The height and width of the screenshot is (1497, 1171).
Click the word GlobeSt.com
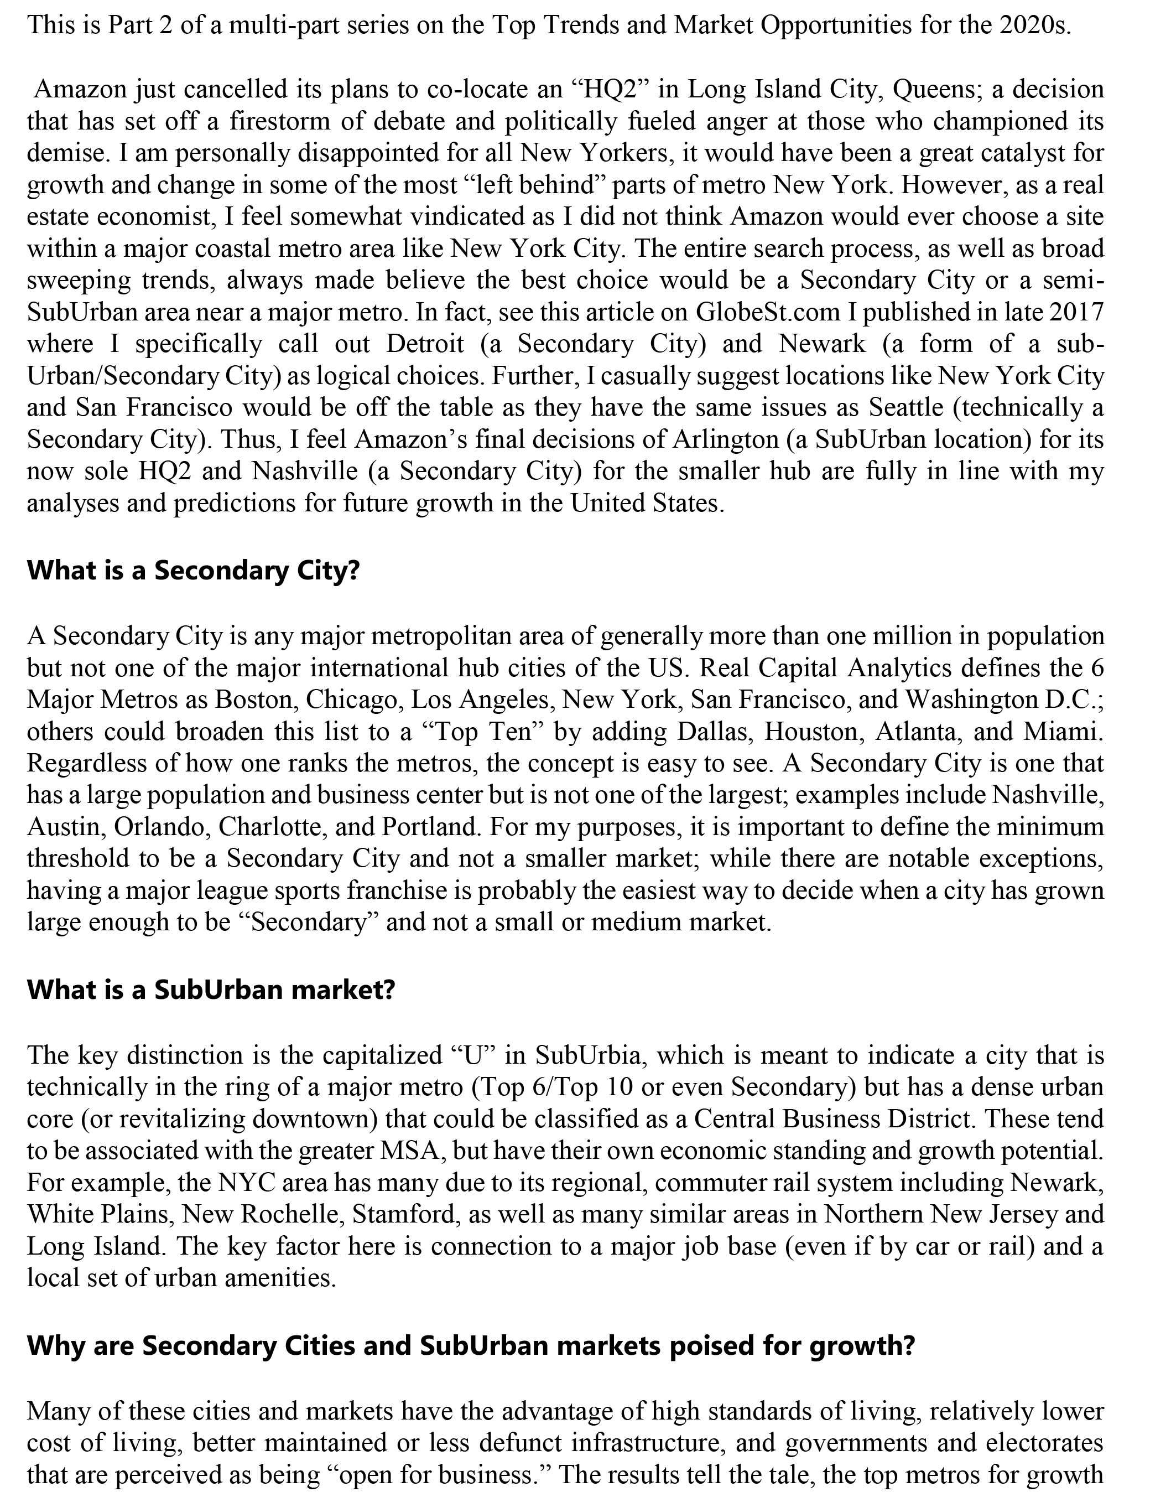click(768, 312)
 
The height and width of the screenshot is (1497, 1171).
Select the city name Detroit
click(425, 344)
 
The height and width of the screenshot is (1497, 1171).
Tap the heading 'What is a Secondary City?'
click(194, 571)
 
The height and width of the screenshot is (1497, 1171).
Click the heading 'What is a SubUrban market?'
click(211, 990)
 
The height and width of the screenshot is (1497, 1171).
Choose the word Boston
click(254, 700)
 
